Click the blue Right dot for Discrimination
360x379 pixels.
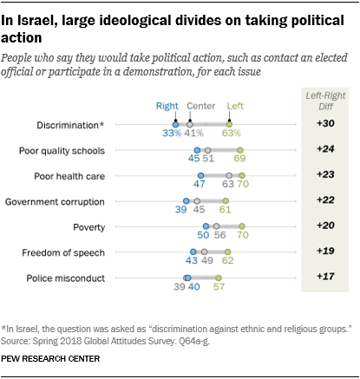(x=174, y=125)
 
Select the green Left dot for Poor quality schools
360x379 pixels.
(x=239, y=150)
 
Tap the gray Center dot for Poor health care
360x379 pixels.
(x=228, y=175)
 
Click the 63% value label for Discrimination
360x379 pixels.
(x=231, y=135)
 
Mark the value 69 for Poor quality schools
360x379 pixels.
(x=239, y=161)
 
